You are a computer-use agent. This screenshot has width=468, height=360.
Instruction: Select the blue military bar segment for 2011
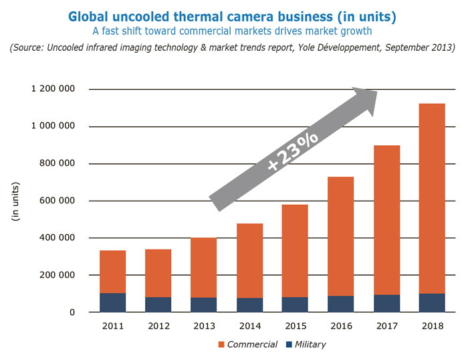click(113, 302)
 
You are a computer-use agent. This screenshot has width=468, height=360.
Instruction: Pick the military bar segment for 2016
click(340, 304)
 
